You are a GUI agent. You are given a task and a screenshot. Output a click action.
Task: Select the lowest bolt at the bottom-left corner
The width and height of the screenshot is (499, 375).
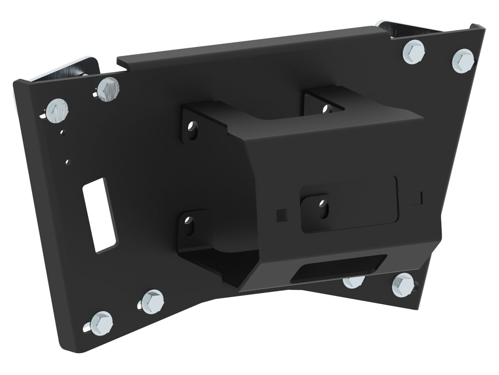[x=101, y=321]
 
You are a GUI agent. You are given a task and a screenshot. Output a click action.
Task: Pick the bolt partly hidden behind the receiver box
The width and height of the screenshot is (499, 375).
[x=353, y=281]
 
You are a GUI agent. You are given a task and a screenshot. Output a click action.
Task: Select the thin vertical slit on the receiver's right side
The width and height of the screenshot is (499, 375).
[x=421, y=197]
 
